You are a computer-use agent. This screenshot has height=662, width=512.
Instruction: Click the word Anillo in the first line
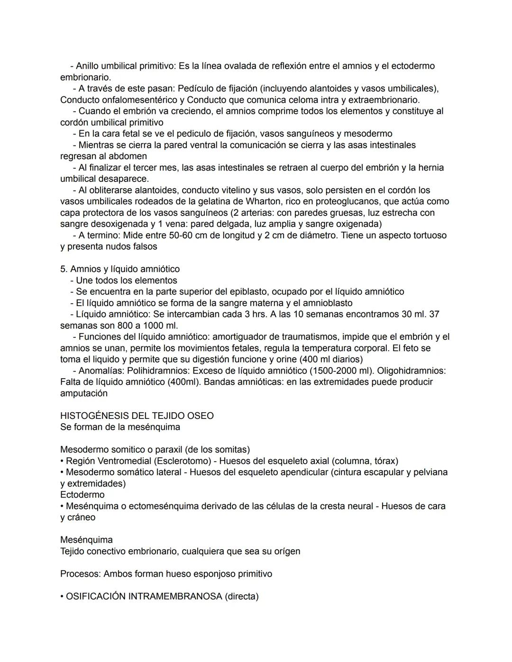pyautogui.click(x=89, y=66)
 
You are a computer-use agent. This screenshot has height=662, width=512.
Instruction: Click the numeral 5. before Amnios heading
pyautogui.click(x=64, y=269)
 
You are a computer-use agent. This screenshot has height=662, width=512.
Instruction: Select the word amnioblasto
pyautogui.click(x=325, y=303)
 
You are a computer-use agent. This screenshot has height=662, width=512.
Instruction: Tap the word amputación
pyautogui.click(x=84, y=394)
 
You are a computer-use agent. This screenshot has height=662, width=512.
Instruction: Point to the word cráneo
pyautogui.click(x=81, y=517)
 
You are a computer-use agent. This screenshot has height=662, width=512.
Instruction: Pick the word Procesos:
pyautogui.click(x=80, y=574)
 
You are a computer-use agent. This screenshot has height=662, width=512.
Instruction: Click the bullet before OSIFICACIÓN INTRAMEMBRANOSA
pyautogui.click(x=62, y=597)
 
